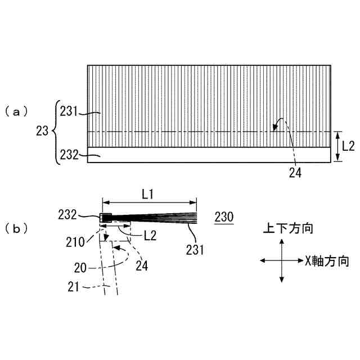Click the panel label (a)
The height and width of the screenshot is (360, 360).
click(x=16, y=112)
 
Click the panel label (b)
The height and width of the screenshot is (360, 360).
click(x=16, y=229)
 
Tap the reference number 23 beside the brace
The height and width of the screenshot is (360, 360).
click(x=42, y=131)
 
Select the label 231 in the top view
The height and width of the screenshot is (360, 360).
click(x=69, y=111)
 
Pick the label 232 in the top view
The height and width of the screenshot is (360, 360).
click(x=69, y=155)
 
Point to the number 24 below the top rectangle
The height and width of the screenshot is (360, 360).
click(x=295, y=173)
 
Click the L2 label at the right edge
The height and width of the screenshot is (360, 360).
click(x=348, y=146)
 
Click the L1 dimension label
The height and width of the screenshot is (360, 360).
click(x=147, y=195)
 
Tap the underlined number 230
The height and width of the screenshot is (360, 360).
click(x=224, y=217)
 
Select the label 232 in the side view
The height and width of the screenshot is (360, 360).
click(x=67, y=215)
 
